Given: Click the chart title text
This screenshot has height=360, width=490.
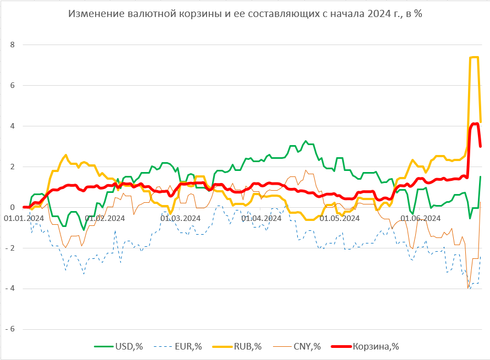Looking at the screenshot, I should click(245, 14).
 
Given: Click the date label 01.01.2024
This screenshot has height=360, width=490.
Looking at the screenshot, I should click(24, 218).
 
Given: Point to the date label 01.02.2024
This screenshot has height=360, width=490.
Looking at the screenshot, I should click(104, 218).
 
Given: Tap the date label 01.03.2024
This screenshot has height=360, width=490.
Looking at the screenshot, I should click(180, 218).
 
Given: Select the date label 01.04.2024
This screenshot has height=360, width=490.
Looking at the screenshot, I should click(261, 218).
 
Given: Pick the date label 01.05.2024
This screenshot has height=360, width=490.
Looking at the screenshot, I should click(339, 218).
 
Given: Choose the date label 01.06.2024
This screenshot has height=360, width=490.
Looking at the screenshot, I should click(420, 218).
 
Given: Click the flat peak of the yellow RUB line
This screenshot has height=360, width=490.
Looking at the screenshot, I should click(474, 57).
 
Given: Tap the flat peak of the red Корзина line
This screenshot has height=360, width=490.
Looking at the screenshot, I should click(475, 124).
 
